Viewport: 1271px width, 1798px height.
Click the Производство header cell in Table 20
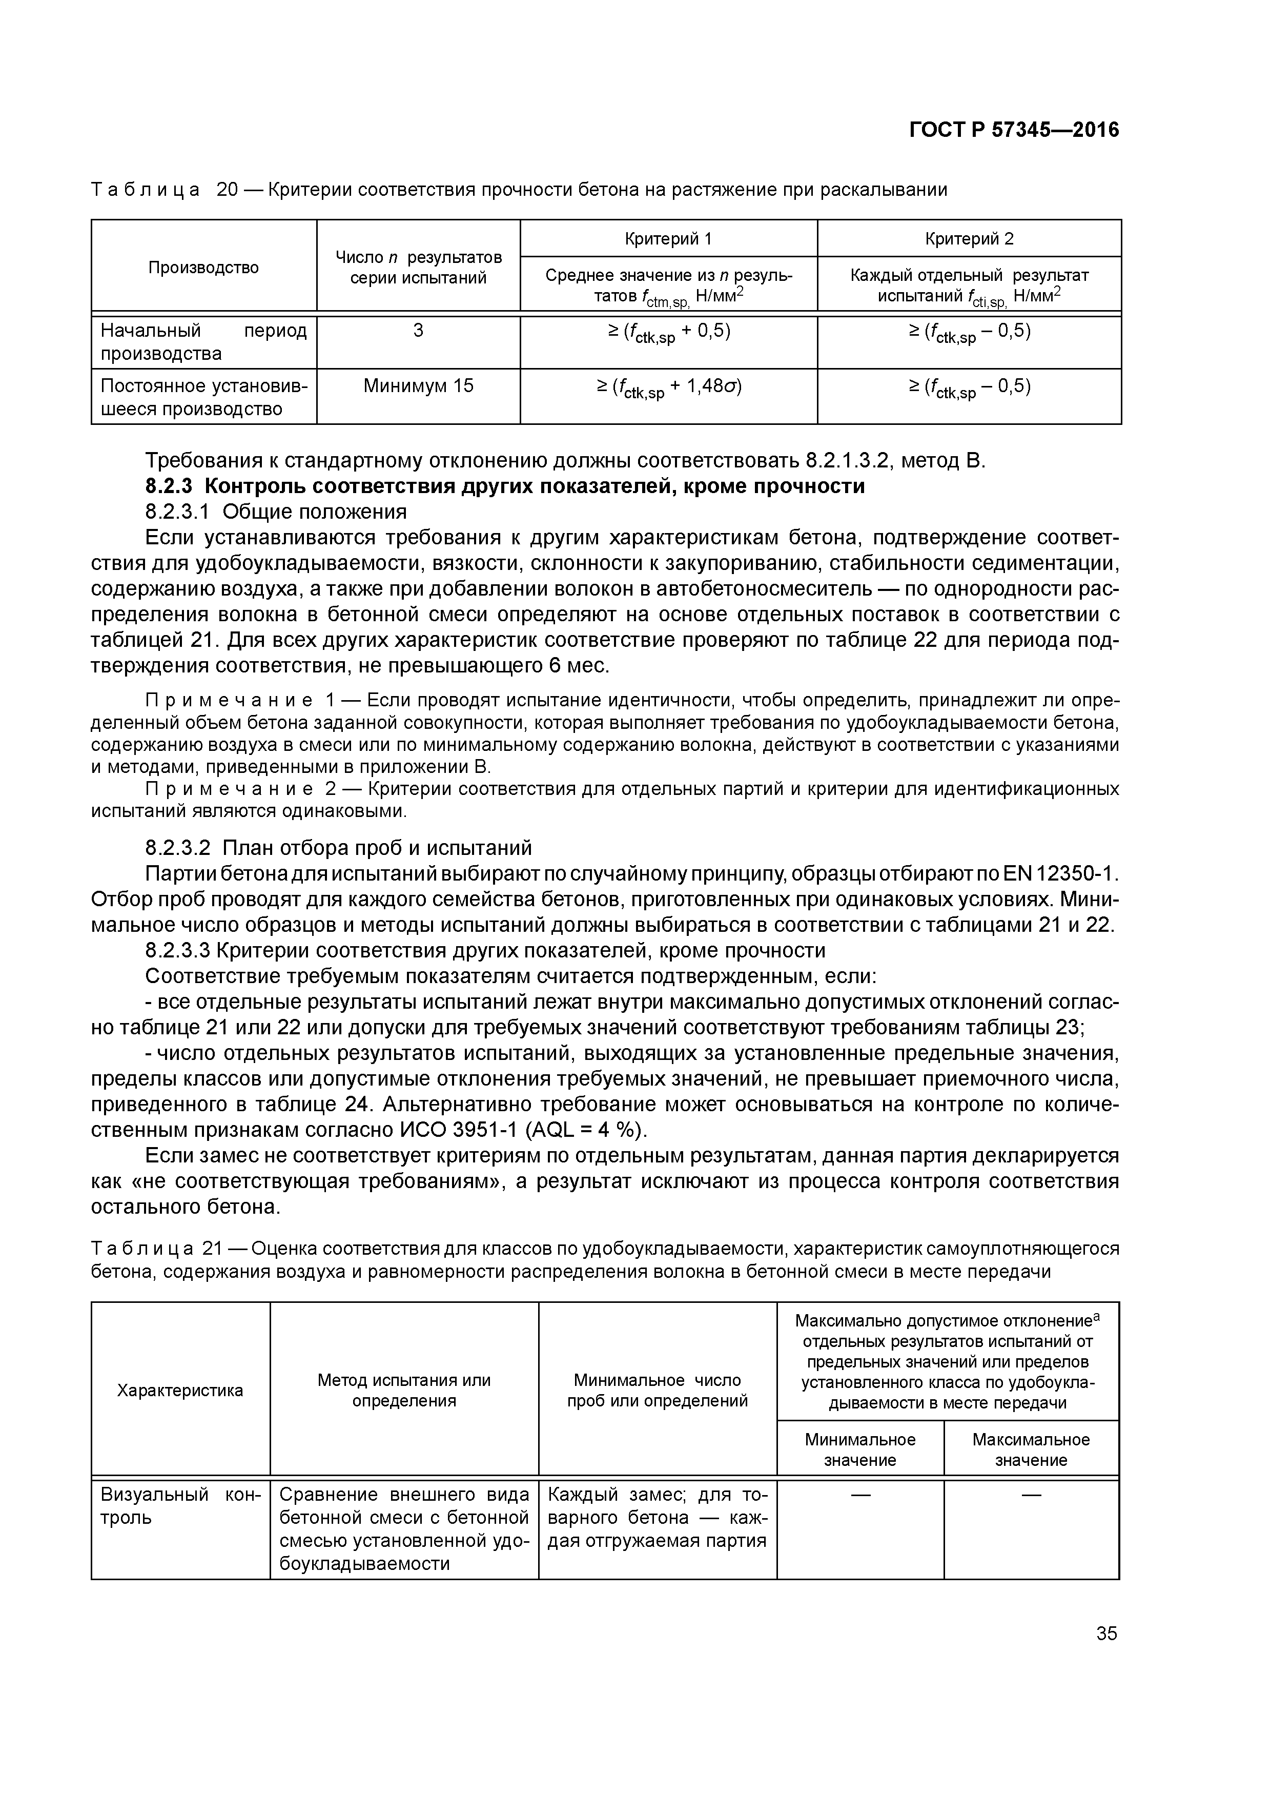pyautogui.click(x=203, y=268)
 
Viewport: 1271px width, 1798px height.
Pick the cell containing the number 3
pyautogui.click(x=418, y=331)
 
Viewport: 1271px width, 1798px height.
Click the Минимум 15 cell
pyautogui.click(x=418, y=386)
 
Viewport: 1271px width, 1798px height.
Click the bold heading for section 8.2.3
pyautogui.click(x=505, y=486)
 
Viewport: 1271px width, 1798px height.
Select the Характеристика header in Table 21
pyautogui.click(x=180, y=1391)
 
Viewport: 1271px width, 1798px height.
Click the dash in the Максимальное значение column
pyautogui.click(x=1031, y=1495)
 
